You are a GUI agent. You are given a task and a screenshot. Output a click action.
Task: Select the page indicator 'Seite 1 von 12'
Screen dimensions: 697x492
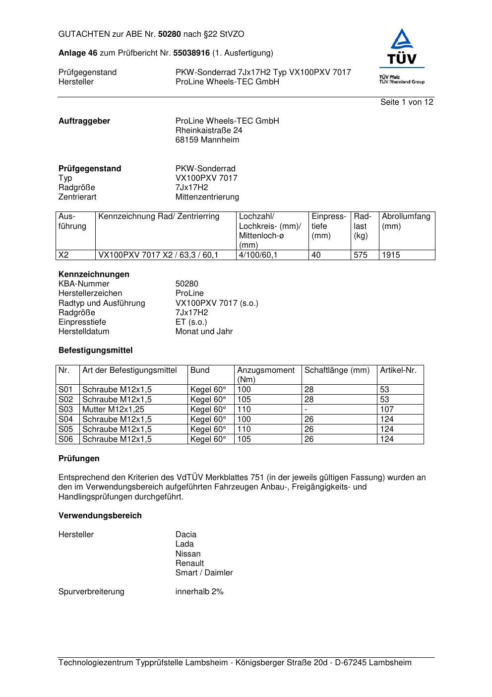tap(407, 102)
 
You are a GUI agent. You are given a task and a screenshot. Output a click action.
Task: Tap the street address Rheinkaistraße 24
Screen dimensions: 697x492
tap(209, 131)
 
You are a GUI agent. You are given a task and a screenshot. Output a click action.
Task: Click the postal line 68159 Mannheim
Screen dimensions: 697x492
tap(207, 140)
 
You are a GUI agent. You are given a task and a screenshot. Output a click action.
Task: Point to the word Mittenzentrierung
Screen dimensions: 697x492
tap(207, 197)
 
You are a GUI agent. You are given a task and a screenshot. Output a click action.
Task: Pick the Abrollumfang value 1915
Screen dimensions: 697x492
tap(391, 255)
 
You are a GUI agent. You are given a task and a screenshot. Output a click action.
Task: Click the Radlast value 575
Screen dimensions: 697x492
tap(361, 255)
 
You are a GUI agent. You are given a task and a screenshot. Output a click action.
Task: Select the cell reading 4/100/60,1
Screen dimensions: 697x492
tap(258, 255)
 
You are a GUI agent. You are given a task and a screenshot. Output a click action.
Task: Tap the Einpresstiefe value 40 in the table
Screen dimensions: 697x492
tap(316, 255)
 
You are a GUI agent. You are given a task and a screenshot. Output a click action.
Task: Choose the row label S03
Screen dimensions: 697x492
tap(65, 410)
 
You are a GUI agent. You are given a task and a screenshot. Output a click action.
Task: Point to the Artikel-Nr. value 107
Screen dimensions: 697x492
tap(387, 410)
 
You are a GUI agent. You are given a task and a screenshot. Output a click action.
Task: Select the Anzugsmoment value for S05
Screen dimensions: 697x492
tap(244, 429)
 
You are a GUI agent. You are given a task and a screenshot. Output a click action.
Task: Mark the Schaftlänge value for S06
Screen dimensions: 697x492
tap(309, 439)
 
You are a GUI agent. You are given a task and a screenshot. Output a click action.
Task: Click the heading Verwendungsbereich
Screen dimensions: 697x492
tap(100, 516)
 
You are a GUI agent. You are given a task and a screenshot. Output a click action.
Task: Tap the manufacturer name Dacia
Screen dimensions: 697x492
tap(186, 535)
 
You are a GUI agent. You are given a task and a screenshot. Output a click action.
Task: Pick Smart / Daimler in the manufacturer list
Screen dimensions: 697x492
tap(204, 573)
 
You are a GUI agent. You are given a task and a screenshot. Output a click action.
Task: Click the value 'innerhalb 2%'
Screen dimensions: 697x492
tap(199, 592)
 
